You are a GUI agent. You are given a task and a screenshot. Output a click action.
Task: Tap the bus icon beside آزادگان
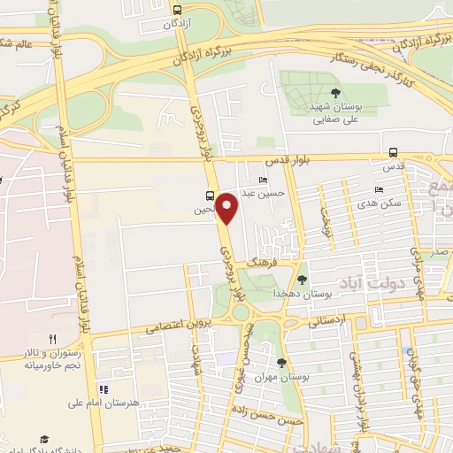[176, 8]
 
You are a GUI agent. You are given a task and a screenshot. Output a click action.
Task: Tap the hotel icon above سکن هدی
[379, 189]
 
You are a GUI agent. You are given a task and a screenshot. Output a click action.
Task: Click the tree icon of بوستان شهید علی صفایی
[334, 92]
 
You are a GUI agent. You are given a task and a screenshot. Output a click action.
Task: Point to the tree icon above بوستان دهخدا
[302, 280]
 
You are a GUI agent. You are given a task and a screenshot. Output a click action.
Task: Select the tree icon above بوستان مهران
[281, 362]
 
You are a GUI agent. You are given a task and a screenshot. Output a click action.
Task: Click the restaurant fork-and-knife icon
[52, 339]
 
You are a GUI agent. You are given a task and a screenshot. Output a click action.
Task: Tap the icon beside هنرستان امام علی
[103, 389]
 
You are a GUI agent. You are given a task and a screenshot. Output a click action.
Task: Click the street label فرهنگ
[264, 264]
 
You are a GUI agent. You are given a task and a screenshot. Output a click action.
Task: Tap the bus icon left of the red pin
[209, 196]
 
